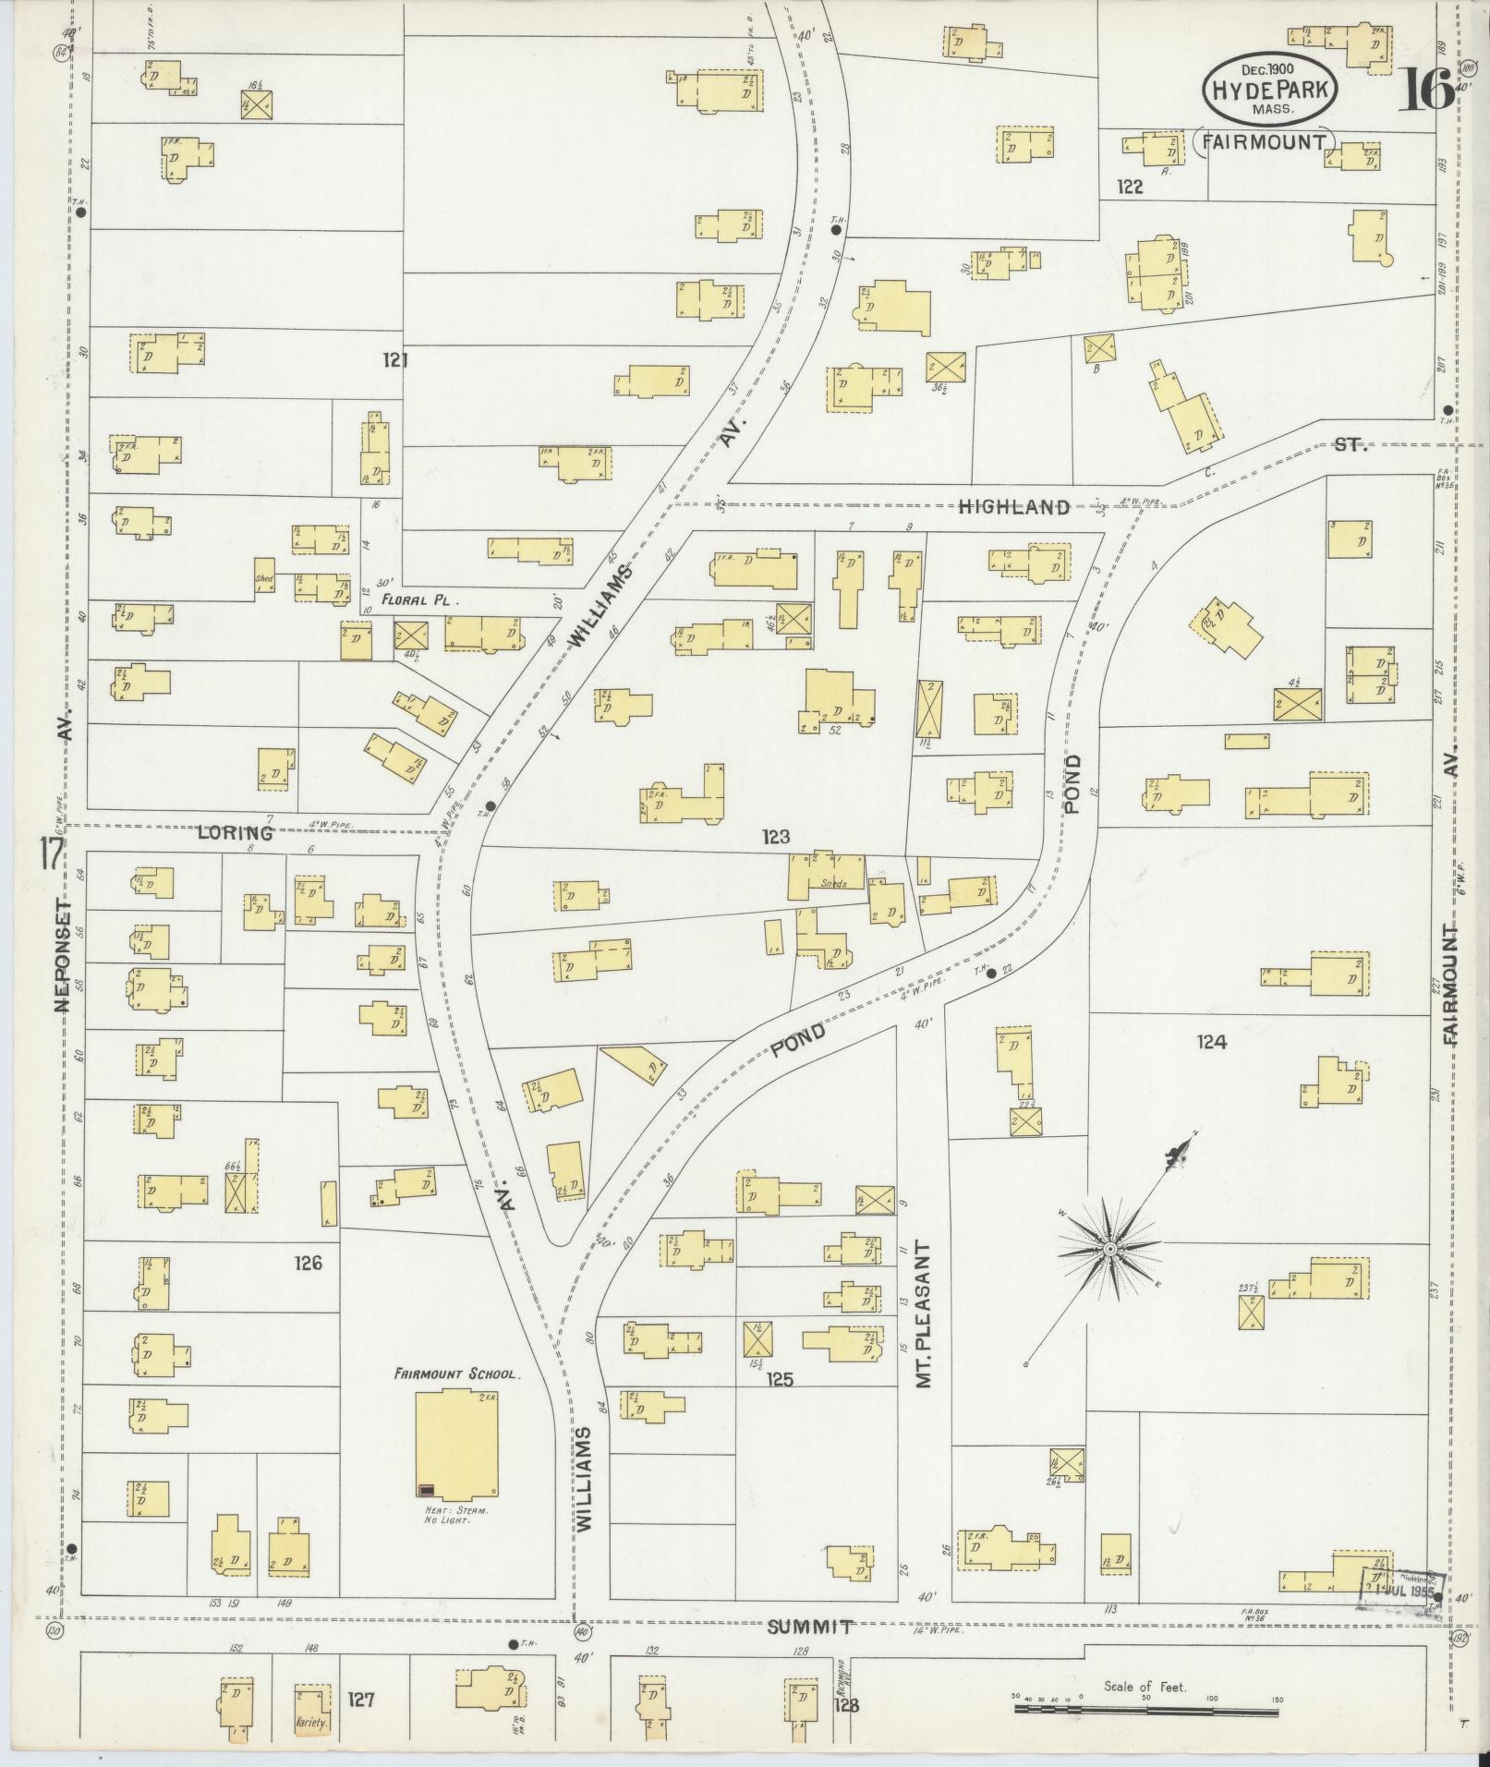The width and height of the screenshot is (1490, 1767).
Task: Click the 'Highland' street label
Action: pyautogui.click(x=1013, y=506)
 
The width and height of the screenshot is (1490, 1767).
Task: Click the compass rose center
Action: pyautogui.click(x=1108, y=1250)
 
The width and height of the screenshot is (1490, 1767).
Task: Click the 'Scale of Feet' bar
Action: pyautogui.click(x=1145, y=1709)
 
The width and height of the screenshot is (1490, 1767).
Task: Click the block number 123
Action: pyautogui.click(x=776, y=837)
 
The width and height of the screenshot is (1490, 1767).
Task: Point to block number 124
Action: pyautogui.click(x=1211, y=1042)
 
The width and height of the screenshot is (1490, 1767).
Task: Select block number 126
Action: pyautogui.click(x=307, y=1262)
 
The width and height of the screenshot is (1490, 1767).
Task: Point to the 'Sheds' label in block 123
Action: pyautogui.click(x=834, y=881)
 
